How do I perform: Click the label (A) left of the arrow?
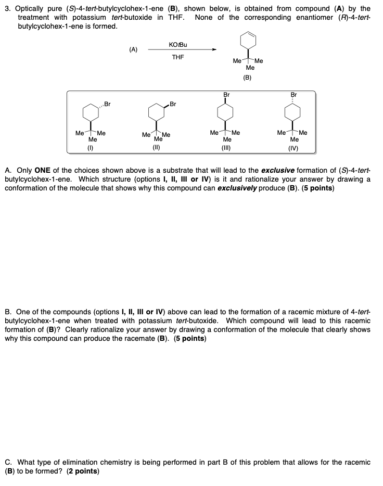[x=133, y=49]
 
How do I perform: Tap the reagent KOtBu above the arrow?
[x=178, y=45]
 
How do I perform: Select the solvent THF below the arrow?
[x=178, y=57]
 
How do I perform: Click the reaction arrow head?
[x=214, y=50]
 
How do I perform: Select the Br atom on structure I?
[x=108, y=104]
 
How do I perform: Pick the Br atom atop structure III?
[x=226, y=95]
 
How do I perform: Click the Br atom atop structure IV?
[x=293, y=95]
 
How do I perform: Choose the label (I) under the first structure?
[x=92, y=147]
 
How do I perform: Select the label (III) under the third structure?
[x=226, y=147]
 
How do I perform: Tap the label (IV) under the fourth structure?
[x=293, y=147]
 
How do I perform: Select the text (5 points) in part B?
[x=190, y=338]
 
